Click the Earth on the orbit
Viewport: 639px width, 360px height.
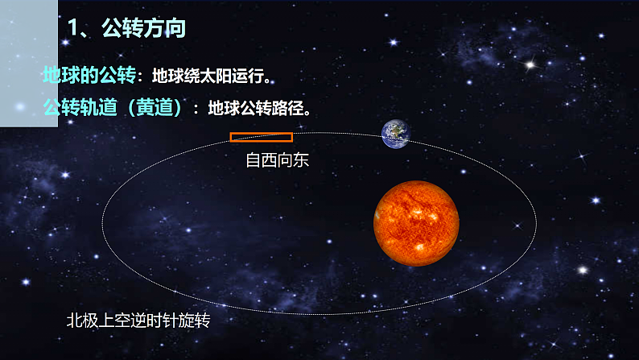pyautogui.click(x=394, y=134)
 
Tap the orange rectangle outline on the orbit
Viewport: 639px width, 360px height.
pyautogui.click(x=262, y=137)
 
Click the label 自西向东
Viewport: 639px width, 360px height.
pyautogui.click(x=278, y=160)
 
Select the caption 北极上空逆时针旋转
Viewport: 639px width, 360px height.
pyautogui.click(x=138, y=320)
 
